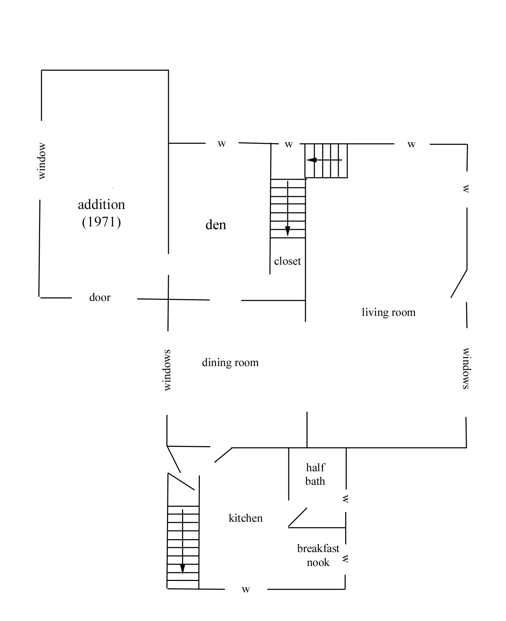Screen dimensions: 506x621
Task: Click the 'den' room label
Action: pyautogui.click(x=216, y=225)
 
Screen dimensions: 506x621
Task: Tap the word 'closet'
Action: pyautogui.click(x=287, y=261)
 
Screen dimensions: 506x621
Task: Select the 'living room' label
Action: pyautogui.click(x=388, y=312)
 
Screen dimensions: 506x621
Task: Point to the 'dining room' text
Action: pyautogui.click(x=230, y=363)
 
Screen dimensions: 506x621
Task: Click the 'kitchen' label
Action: pyautogui.click(x=246, y=518)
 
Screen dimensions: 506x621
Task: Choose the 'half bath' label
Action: pyautogui.click(x=315, y=474)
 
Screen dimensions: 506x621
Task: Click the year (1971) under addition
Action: pyautogui.click(x=101, y=222)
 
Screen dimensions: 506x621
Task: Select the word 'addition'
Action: pyautogui.click(x=101, y=204)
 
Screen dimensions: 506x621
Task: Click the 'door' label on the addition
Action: pyautogui.click(x=100, y=297)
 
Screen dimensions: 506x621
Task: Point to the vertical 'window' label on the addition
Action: pyautogui.click(x=41, y=161)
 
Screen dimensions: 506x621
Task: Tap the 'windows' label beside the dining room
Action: pyautogui.click(x=167, y=370)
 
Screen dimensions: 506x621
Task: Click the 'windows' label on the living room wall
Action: pyautogui.click(x=466, y=368)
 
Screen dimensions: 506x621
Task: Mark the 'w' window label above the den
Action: pyautogui.click(x=222, y=143)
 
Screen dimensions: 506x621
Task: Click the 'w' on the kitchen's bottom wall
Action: pyautogui.click(x=246, y=589)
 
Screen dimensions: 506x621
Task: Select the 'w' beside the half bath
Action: pyautogui.click(x=345, y=499)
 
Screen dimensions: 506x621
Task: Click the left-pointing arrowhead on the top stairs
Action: pyautogui.click(x=311, y=160)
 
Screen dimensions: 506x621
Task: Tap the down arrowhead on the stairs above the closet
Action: pyautogui.click(x=287, y=231)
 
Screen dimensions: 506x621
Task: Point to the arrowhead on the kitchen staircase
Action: pyautogui.click(x=182, y=568)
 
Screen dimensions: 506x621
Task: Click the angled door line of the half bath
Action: pyautogui.click(x=298, y=517)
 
